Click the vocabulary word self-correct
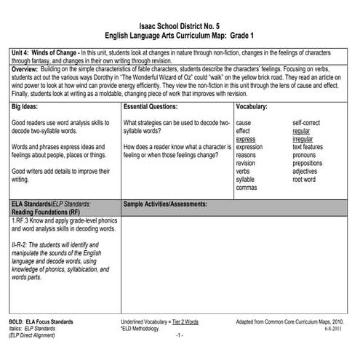pyautogui.click(x=309, y=123)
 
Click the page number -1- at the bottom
pyautogui.click(x=179, y=336)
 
